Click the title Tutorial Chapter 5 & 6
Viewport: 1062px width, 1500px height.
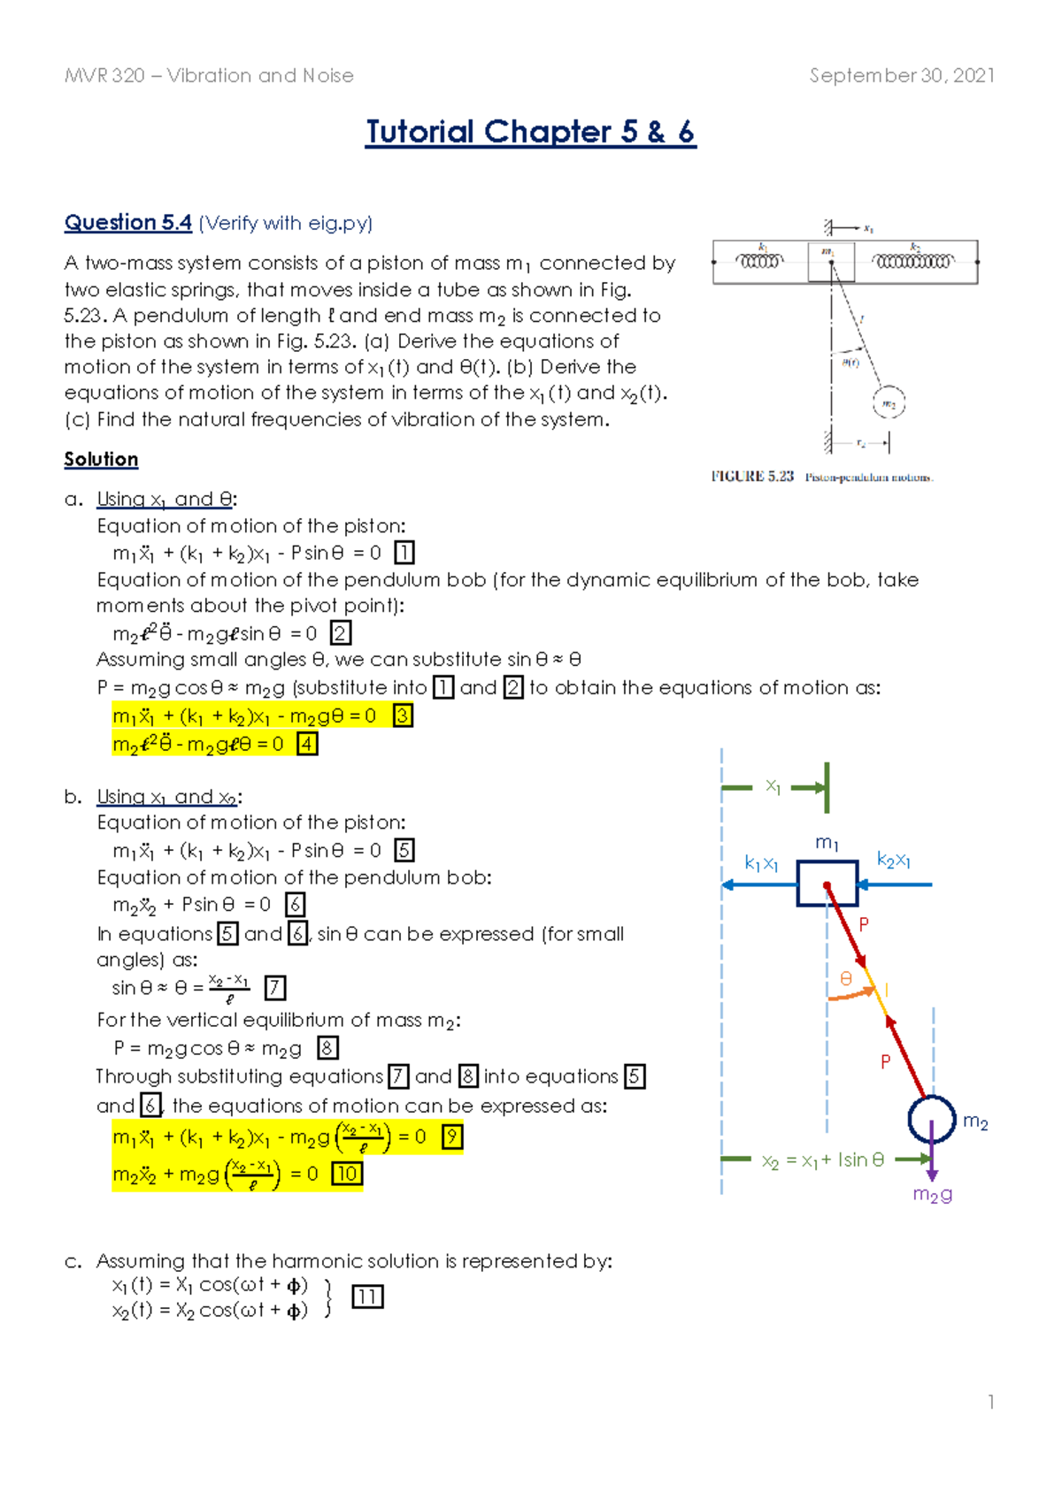(x=530, y=133)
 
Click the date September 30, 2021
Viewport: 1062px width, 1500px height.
(x=901, y=76)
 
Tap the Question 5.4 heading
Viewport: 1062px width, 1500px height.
(x=127, y=223)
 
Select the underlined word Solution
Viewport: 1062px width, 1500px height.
(x=101, y=459)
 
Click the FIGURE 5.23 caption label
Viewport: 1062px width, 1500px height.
(x=752, y=477)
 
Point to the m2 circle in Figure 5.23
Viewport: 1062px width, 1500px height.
(x=889, y=403)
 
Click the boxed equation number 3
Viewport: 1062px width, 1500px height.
(x=403, y=716)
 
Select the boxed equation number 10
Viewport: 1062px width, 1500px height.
(x=346, y=1174)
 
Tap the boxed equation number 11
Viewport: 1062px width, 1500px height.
(x=367, y=1297)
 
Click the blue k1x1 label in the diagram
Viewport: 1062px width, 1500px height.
(x=760, y=863)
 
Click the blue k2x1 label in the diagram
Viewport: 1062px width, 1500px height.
(x=893, y=860)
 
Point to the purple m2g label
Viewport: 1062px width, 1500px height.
(x=933, y=1195)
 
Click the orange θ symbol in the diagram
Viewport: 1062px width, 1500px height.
(x=846, y=978)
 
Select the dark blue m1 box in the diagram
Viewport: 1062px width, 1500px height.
(x=827, y=884)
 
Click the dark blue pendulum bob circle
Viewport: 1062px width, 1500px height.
(x=932, y=1119)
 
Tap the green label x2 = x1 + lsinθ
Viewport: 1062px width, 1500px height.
(x=822, y=1160)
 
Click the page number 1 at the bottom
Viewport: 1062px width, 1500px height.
(x=991, y=1402)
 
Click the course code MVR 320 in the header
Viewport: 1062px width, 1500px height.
(x=104, y=76)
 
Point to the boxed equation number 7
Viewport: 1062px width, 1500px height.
(x=275, y=987)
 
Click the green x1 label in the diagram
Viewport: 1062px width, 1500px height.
(x=773, y=785)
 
